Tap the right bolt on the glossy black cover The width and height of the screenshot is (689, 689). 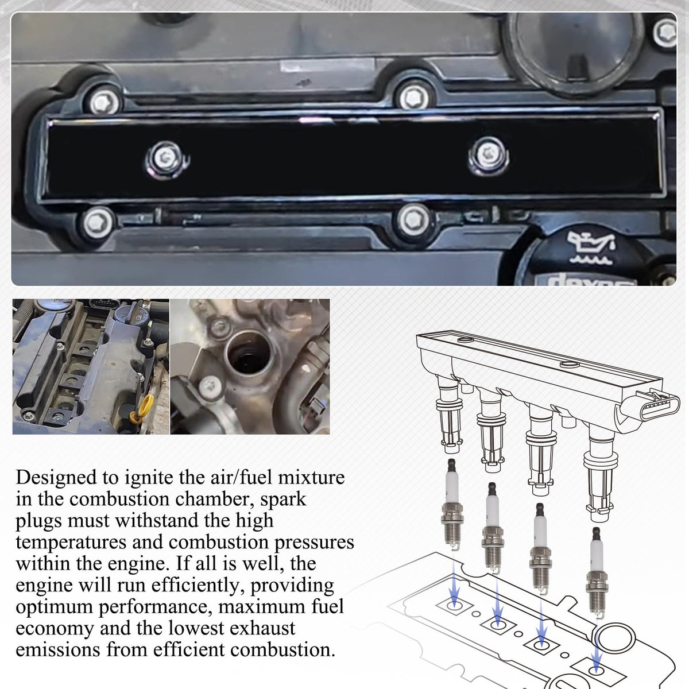coord(487,154)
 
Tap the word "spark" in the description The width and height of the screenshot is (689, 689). coord(283,499)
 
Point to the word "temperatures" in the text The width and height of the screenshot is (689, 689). coord(70,543)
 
